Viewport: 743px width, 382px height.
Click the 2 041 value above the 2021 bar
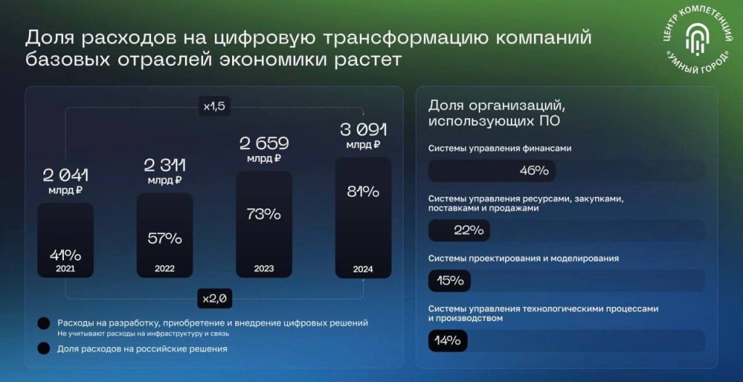65,176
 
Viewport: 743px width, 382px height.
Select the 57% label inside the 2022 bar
165,238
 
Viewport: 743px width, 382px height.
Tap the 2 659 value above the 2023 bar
264,144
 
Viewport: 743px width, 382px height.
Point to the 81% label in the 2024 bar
363,192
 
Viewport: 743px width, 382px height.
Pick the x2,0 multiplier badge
215,299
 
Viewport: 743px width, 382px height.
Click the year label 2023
264,269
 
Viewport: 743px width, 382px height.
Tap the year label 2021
65,269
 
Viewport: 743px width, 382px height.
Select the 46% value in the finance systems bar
534,171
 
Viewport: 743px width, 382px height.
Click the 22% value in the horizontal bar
469,231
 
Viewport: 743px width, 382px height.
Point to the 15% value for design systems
450,281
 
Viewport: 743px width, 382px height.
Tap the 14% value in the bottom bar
447,341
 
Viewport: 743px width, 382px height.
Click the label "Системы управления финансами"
500,149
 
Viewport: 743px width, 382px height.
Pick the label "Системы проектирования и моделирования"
524,259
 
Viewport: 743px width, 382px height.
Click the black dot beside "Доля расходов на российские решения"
44,349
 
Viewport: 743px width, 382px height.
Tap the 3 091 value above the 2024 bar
364,129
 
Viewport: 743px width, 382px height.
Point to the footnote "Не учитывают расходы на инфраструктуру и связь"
143,333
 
